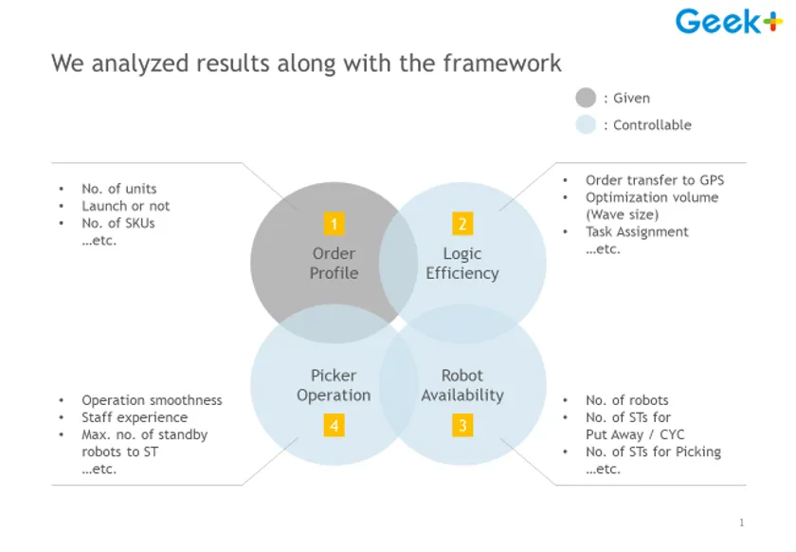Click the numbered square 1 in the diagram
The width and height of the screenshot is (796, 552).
(x=333, y=224)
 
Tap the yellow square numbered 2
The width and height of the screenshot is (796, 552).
(x=462, y=224)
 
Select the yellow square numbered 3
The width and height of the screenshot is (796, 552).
(x=462, y=426)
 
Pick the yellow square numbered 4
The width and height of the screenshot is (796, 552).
(x=334, y=426)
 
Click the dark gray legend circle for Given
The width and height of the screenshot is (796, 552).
(x=586, y=98)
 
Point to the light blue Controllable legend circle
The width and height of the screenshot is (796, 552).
(x=586, y=124)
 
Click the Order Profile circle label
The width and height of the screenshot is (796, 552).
(x=334, y=264)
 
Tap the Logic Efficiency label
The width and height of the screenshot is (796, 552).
(x=462, y=264)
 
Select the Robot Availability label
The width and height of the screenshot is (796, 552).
(x=462, y=385)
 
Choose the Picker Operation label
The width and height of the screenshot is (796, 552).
(x=334, y=385)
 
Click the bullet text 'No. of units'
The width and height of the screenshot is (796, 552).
(x=119, y=189)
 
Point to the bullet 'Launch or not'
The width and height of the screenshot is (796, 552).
(x=126, y=206)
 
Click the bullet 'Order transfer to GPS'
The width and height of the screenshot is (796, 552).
(x=655, y=180)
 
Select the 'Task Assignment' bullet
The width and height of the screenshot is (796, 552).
(x=637, y=231)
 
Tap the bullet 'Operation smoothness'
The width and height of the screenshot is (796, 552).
(x=152, y=400)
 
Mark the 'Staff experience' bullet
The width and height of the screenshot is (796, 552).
(x=135, y=417)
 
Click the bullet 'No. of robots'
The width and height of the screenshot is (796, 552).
(x=626, y=400)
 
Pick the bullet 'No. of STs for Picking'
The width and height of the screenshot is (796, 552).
(x=653, y=451)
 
